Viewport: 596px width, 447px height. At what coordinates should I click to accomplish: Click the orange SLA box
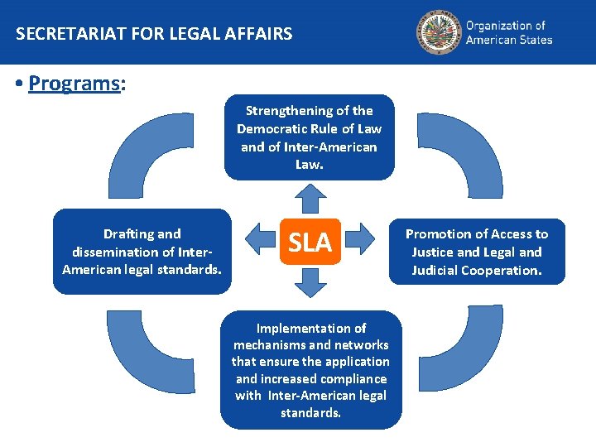pos(310,242)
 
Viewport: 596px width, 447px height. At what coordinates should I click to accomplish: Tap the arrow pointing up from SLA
pos(310,199)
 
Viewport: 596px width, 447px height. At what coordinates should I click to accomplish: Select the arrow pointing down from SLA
pos(310,284)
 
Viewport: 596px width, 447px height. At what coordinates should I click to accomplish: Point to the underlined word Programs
pos(74,84)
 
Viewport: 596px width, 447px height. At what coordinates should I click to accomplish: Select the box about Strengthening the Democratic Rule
pos(310,137)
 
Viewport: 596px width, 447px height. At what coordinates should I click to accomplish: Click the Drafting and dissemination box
pos(142,252)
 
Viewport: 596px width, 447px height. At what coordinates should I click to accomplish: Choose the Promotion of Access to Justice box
pos(477,252)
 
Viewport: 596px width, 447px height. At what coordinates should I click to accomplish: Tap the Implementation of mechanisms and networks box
pos(310,370)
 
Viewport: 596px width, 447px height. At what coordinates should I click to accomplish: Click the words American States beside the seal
pos(508,40)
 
